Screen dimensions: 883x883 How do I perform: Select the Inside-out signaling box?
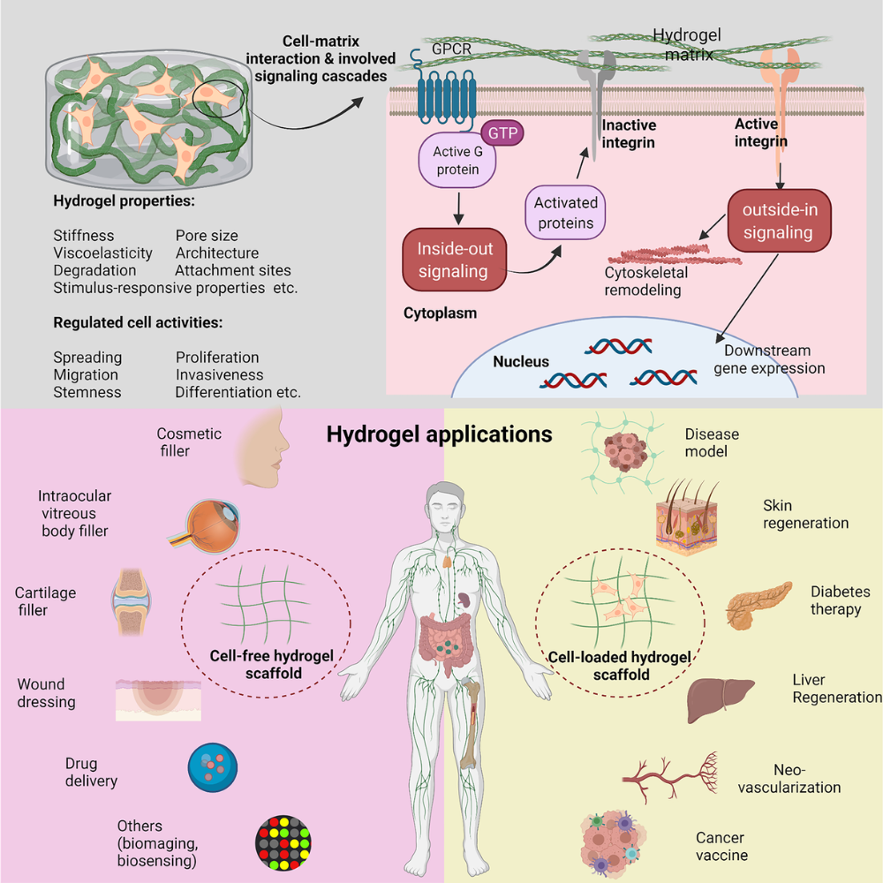453,260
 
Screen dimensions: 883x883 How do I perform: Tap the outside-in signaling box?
778,221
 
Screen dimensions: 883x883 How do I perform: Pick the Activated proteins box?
566,213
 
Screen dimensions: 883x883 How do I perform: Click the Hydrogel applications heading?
439,434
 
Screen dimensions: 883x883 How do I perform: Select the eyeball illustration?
200,525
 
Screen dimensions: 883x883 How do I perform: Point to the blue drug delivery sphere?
213,767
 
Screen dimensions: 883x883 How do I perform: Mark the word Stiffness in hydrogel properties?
84,236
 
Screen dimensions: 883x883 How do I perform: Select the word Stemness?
87,392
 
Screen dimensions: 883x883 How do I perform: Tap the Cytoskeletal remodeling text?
645,282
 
